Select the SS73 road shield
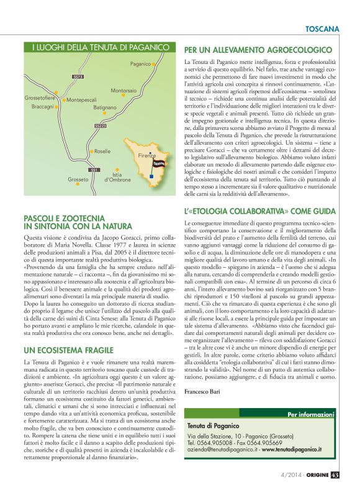78,76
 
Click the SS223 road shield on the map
101,126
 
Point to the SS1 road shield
94,169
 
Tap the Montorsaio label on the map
124,91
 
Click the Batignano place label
105,107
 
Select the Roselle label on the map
102,151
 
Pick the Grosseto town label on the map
78,179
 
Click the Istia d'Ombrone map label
117,177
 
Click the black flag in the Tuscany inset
160,162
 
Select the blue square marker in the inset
150,176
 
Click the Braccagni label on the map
43,107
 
